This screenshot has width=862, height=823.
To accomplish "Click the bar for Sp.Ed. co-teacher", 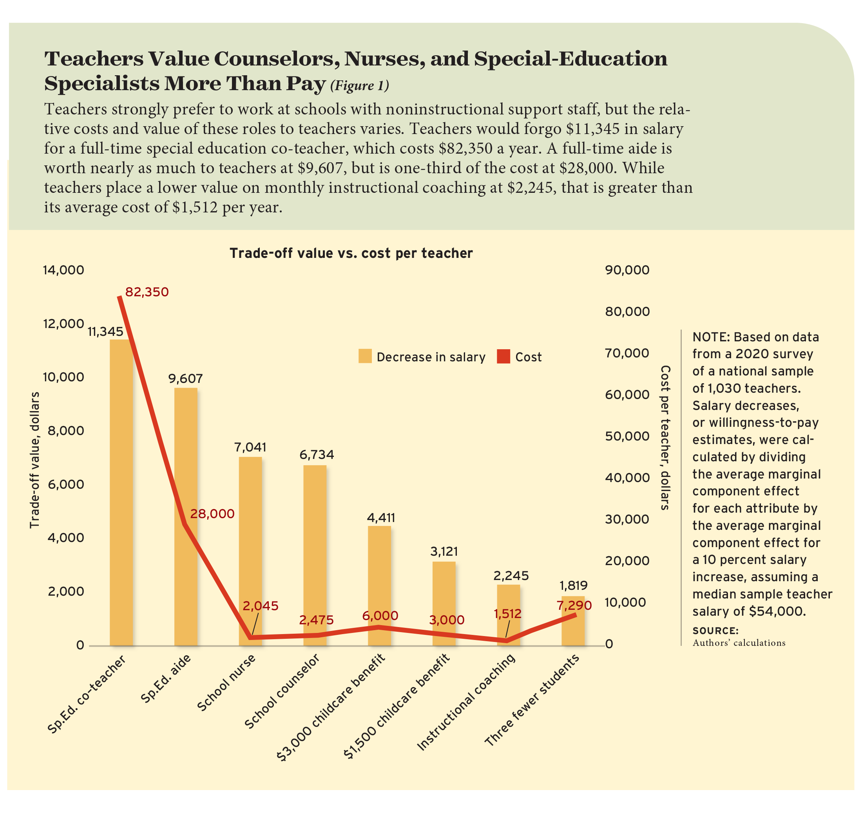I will pyautogui.click(x=121, y=491).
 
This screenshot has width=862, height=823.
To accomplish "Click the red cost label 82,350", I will pyautogui.click(x=147, y=292).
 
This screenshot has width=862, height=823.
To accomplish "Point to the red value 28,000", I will pyautogui.click(x=212, y=514).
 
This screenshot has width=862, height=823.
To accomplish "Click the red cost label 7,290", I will pyautogui.click(x=574, y=606).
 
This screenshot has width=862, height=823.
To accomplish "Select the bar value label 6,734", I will pyautogui.click(x=316, y=455).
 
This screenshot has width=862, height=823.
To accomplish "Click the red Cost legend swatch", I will pyautogui.click(x=503, y=356).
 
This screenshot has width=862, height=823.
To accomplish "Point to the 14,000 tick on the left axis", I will pyautogui.click(x=63, y=270).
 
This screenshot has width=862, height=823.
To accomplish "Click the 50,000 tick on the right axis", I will pyautogui.click(x=627, y=436).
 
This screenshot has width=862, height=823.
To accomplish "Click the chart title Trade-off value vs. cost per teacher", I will pyautogui.click(x=351, y=253).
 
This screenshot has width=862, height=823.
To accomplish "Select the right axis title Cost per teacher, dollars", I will pyautogui.click(x=665, y=437).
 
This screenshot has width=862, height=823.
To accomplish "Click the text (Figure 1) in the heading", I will pyautogui.click(x=359, y=85).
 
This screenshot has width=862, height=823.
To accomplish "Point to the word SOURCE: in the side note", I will pyautogui.click(x=715, y=631).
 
